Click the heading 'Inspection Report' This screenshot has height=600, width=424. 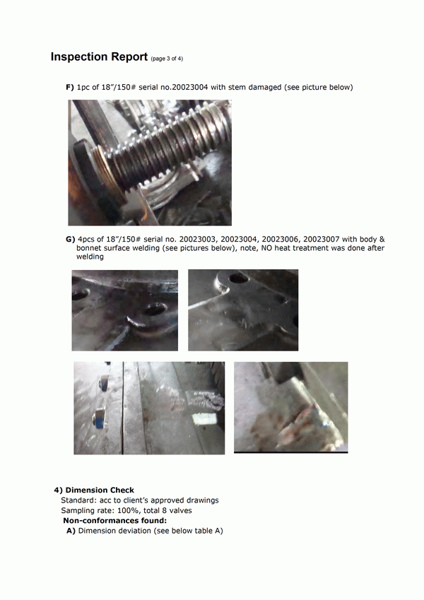pyautogui.click(x=99, y=57)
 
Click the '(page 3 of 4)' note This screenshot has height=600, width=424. pyautogui.click(x=167, y=59)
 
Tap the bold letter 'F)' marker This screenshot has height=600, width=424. pyautogui.click(x=70, y=87)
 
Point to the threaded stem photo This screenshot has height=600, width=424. pyautogui.click(x=150, y=163)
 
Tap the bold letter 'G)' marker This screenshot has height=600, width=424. pyautogui.click(x=71, y=239)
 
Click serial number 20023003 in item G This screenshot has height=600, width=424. pyautogui.click(x=199, y=239)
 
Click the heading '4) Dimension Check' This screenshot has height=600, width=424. pyautogui.click(x=94, y=490)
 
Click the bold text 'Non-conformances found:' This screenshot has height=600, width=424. pyautogui.click(x=114, y=520)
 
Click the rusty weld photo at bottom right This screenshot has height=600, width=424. pyautogui.click(x=291, y=408)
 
